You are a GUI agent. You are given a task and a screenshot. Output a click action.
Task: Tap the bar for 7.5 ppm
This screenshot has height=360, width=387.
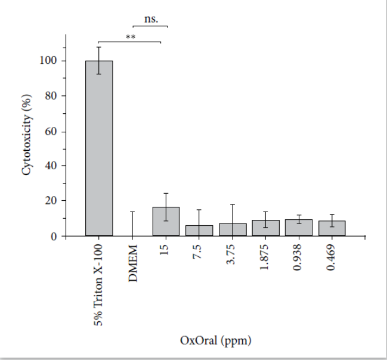coord(199,230)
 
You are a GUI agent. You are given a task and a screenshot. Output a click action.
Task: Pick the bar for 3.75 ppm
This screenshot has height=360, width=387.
coord(233,229)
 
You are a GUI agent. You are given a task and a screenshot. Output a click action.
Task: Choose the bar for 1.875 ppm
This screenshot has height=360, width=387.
coord(265,228)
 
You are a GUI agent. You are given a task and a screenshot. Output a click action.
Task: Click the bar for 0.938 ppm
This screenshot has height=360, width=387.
coord(299,228)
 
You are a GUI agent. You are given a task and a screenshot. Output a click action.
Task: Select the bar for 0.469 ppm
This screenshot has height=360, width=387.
coord(332,228)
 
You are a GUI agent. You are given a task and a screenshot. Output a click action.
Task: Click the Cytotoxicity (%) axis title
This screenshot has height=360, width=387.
coord(27,134)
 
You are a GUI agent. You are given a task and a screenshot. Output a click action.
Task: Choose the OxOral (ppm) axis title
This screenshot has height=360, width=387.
coord(215,341)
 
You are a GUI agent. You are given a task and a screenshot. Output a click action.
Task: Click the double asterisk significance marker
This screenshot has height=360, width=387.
coord(130,37)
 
